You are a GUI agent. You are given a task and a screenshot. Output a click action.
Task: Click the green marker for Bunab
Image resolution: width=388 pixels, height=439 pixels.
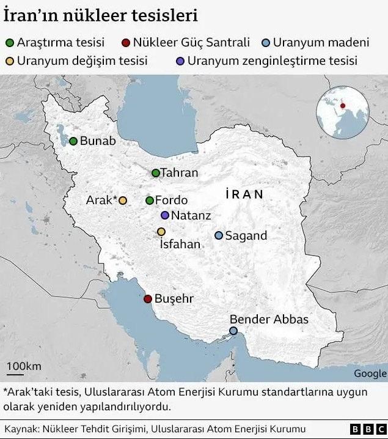[73, 141]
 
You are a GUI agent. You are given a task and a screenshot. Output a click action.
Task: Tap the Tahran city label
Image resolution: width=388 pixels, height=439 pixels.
[179, 173]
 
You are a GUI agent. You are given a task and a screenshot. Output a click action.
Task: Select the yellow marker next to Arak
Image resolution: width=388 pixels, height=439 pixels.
[122, 201]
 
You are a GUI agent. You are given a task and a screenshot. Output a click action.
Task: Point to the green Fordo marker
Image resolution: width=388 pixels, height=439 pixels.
[150, 201]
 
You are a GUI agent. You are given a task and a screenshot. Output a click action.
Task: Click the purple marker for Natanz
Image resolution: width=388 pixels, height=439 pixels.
[165, 215]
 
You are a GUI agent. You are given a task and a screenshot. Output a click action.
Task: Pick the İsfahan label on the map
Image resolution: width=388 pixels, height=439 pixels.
[180, 245]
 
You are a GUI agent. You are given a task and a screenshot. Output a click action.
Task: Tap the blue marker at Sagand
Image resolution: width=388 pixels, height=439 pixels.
[219, 235]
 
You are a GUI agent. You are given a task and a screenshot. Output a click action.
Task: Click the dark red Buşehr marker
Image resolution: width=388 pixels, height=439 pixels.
[147, 299]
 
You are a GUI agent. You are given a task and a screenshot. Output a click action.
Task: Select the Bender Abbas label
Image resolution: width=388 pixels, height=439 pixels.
[269, 319]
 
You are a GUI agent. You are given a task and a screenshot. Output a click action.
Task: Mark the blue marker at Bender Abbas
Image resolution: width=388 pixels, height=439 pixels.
[233, 331]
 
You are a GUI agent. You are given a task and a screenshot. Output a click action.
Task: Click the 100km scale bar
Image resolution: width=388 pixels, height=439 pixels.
[24, 372]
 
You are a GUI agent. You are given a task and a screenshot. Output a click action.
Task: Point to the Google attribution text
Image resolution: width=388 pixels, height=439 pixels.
[370, 374]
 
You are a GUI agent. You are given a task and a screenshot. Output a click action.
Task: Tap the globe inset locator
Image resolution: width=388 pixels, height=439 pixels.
[342, 112]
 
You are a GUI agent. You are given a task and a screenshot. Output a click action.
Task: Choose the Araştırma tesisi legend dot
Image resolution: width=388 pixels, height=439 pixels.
[10, 43]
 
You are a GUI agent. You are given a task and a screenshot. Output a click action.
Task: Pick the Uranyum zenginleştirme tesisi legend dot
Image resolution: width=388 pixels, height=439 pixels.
[179, 61]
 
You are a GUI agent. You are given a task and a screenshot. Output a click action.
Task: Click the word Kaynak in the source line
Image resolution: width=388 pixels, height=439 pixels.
[21, 429]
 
